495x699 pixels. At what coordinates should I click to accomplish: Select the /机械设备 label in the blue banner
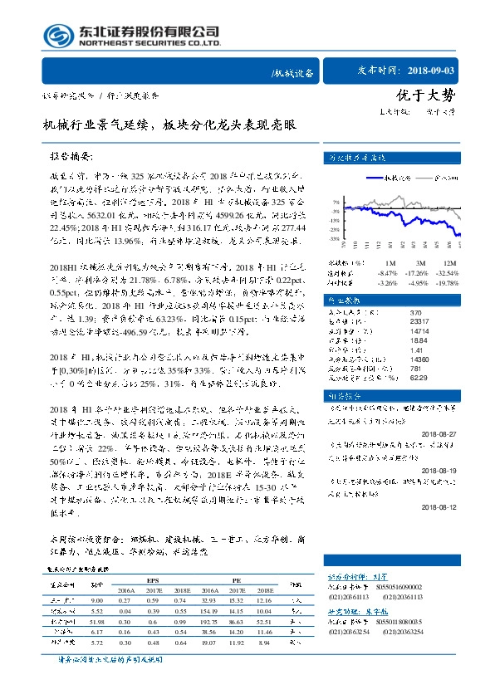point(295,73)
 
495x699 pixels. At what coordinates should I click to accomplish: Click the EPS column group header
point(152,580)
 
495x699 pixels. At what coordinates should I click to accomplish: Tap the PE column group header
point(237,580)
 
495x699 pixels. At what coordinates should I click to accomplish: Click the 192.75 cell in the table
point(208,621)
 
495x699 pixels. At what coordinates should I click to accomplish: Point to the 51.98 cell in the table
point(96,621)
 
